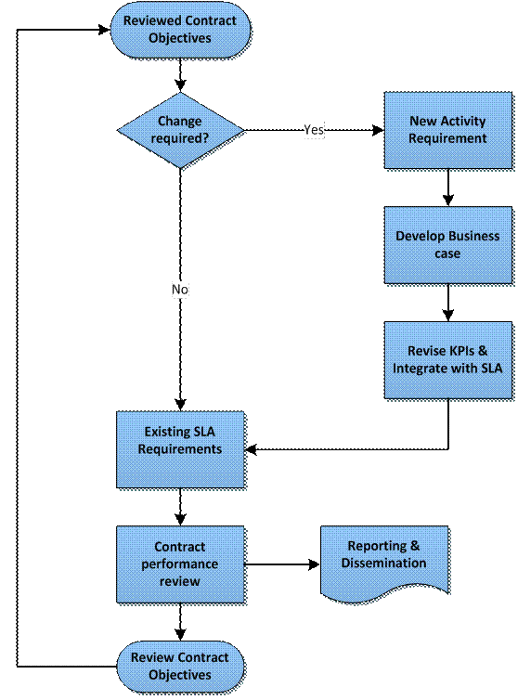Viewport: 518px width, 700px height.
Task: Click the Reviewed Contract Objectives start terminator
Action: [179, 30]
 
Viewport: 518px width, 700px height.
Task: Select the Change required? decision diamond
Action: [179, 130]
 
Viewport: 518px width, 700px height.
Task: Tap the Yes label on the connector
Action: [314, 130]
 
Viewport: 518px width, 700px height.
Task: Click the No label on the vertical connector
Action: [180, 290]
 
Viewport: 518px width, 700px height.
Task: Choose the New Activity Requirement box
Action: [447, 130]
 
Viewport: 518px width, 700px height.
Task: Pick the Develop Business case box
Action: [447, 244]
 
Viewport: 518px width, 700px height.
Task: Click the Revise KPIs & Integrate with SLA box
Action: [447, 360]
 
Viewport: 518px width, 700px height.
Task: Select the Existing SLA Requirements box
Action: [180, 449]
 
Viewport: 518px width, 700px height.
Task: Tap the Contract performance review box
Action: [180, 564]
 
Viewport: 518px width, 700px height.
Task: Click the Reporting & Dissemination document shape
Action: [383, 562]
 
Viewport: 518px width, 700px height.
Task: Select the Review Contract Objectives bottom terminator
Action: [180, 667]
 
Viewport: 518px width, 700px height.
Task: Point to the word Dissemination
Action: [383, 564]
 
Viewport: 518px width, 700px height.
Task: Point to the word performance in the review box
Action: [180, 564]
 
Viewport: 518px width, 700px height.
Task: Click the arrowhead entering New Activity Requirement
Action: [377, 130]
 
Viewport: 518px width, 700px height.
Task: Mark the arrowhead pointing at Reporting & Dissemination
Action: [313, 564]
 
